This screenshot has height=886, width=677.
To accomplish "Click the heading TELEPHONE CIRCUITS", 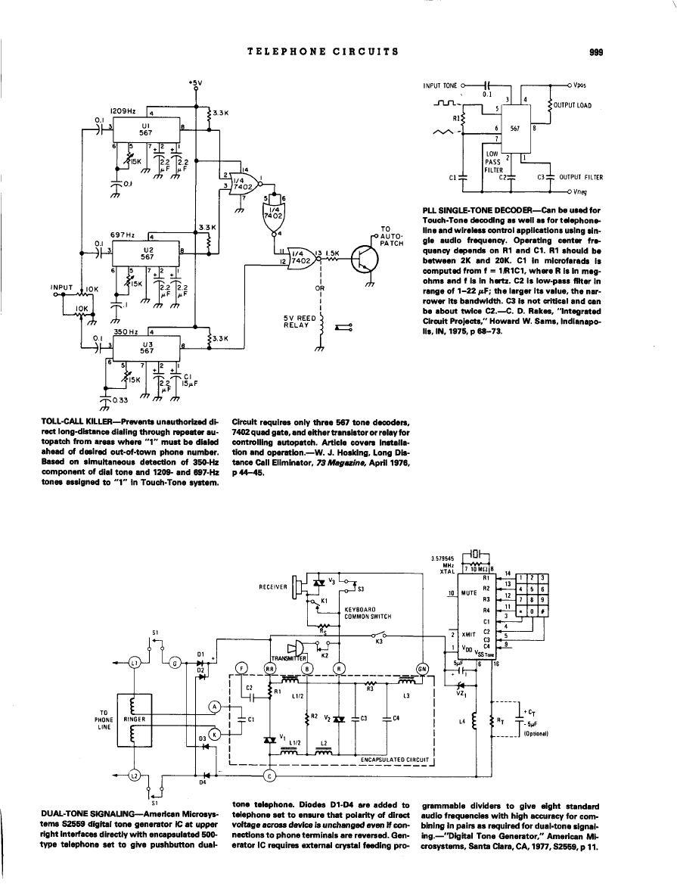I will [x=323, y=51].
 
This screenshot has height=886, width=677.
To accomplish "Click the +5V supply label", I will [x=195, y=82].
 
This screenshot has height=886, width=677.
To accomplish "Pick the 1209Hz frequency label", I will [x=123, y=110].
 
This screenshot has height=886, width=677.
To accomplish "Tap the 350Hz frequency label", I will [x=125, y=331].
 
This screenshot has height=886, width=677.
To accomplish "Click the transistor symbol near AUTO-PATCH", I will [x=362, y=263].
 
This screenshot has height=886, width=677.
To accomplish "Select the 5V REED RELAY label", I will [x=297, y=322].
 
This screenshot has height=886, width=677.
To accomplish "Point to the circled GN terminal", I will [x=421, y=667].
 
